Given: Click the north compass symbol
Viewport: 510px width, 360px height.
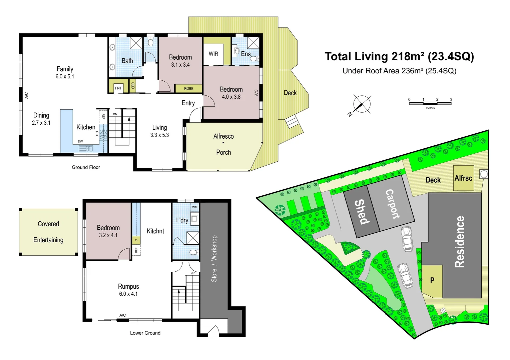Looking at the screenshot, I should click(362, 104).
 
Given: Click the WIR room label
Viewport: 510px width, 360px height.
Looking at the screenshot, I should click(213, 54).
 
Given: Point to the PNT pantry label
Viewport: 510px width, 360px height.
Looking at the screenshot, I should click(118, 88).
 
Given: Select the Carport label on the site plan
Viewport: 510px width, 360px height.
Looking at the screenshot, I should click(392, 204).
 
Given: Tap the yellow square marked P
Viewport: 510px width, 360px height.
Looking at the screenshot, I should click(432, 280).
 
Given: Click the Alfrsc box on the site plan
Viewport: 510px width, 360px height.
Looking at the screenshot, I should click(464, 178).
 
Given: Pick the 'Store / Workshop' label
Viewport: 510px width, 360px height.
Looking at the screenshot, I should click(214, 259).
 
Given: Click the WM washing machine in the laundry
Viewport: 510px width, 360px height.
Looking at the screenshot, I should click(195, 207).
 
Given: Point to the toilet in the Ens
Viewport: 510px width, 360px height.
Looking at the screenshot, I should click(254, 59).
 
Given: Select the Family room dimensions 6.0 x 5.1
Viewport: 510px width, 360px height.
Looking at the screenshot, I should click(65, 77).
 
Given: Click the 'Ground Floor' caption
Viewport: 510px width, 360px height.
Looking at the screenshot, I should click(86, 167).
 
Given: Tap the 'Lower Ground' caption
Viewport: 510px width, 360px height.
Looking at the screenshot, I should click(145, 333).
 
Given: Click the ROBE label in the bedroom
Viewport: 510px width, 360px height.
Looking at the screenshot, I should click(188, 89).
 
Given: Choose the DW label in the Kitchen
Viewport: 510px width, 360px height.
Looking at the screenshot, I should click(80, 141).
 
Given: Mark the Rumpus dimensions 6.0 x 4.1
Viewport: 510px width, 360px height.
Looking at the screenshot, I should click(128, 294).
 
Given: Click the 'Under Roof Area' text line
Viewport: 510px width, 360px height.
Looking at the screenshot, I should click(399, 71).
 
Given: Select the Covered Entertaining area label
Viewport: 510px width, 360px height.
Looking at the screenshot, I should click(48, 232).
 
